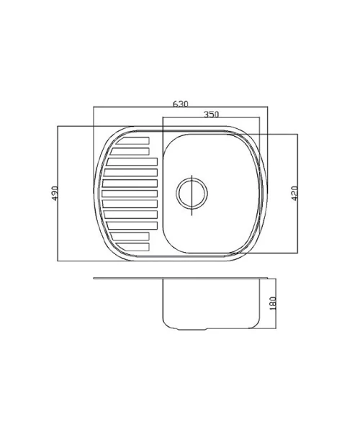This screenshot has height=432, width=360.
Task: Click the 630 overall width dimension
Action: point(181,104)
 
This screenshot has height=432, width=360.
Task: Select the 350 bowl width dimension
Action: point(211,114)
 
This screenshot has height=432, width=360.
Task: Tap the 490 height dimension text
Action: point(55,193)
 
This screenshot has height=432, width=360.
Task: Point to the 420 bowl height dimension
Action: point(294,193)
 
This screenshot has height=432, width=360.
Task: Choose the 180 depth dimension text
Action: point(272,303)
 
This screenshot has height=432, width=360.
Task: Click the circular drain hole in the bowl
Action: point(192,193)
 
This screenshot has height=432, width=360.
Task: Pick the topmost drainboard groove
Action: point(132,140)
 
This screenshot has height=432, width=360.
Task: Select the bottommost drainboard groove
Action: point(132,246)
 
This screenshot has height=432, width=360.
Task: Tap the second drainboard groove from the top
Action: point(130,151)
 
